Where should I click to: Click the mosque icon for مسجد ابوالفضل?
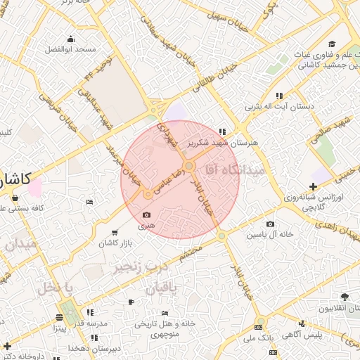(x=70, y=39)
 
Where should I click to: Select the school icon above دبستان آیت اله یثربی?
(x=279, y=96)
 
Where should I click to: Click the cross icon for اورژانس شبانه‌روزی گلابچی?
(x=313, y=186)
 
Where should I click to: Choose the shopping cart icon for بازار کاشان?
(x=115, y=232)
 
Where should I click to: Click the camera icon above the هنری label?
(x=146, y=215)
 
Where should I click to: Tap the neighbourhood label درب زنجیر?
(x=141, y=267)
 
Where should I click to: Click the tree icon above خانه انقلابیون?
(x=345, y=298)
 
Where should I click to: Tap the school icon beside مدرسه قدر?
(x=89, y=311)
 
